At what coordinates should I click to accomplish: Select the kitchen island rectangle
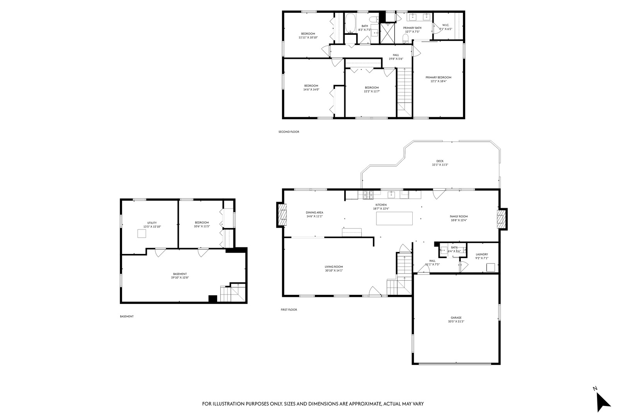pyautogui.click(x=394, y=218)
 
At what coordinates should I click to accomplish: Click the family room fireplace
pyautogui.click(x=501, y=219)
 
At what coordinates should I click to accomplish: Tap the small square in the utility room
pyautogui.click(x=142, y=233)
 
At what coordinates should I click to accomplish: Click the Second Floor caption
pyautogui.click(x=289, y=132)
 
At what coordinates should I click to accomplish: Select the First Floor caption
pyautogui.click(x=289, y=310)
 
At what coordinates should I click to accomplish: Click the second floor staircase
pyautogui.click(x=405, y=89)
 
